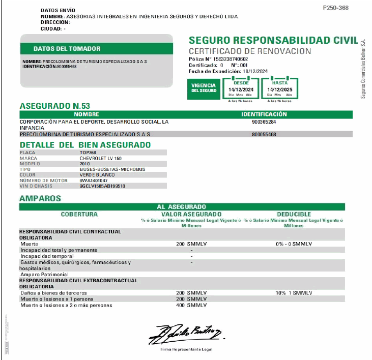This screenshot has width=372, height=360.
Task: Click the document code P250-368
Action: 336,8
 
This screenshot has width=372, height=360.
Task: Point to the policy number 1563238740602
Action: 226,59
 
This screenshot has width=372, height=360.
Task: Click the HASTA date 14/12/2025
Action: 280,89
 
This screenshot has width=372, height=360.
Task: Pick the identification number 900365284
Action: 264,122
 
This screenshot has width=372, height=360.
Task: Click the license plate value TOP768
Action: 88,153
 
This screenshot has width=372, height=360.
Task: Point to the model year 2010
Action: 84,164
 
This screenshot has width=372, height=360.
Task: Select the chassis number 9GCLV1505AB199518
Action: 102,186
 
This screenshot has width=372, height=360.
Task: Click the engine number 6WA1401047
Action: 94,181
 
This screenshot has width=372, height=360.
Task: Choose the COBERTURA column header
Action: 79,214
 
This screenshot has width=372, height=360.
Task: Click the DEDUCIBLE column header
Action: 294,214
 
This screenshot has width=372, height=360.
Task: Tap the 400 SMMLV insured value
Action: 191,305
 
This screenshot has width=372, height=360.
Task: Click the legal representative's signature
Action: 185,333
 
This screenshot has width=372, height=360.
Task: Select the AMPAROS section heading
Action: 40,198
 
